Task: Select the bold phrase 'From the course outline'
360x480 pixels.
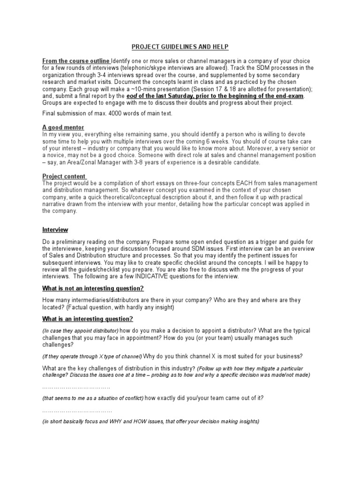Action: click(76, 61)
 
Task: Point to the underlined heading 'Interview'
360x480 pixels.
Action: click(55, 230)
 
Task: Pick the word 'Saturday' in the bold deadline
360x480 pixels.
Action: click(183, 96)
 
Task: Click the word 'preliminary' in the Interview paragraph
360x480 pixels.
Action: click(73, 241)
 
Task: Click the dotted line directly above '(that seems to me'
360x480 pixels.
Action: click(76, 387)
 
